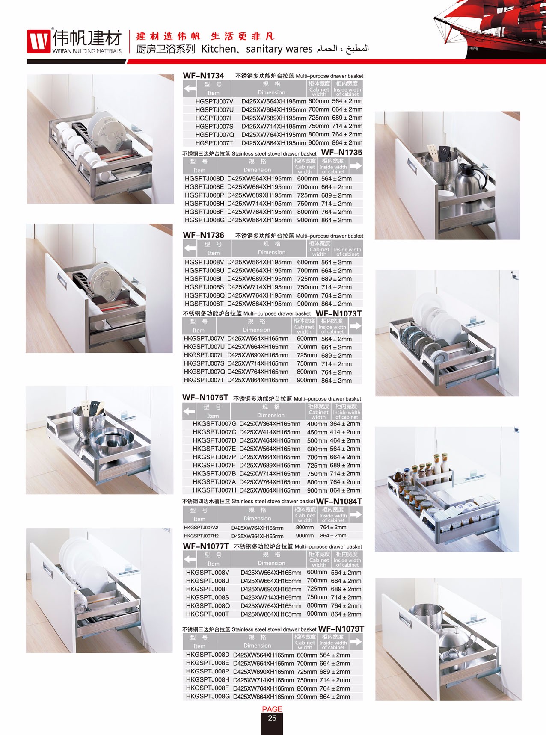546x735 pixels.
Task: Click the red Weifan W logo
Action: tap(39, 41)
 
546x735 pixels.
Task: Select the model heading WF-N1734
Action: tap(203, 76)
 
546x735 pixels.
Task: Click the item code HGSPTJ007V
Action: tap(214, 101)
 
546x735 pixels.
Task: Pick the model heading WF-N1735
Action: tap(341, 153)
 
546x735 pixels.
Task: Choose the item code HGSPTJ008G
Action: tap(204, 220)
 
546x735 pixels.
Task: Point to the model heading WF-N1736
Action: tap(203, 235)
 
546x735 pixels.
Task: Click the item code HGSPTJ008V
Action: tap(204, 262)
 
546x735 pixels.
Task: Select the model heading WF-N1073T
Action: tap(338, 313)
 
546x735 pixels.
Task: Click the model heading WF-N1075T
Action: tap(205, 398)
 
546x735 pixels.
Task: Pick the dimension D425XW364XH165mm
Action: tap(270, 424)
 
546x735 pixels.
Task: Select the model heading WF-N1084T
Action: tap(339, 501)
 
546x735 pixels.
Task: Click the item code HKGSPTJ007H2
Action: tap(201, 536)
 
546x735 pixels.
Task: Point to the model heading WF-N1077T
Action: tap(206, 546)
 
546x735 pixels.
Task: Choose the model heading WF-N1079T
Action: tap(341, 629)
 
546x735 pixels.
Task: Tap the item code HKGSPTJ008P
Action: tap(208, 672)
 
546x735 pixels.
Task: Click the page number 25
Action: tap(272, 718)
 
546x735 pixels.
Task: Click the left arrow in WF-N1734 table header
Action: tap(190, 89)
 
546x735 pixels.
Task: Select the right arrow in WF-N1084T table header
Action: tap(356, 514)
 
